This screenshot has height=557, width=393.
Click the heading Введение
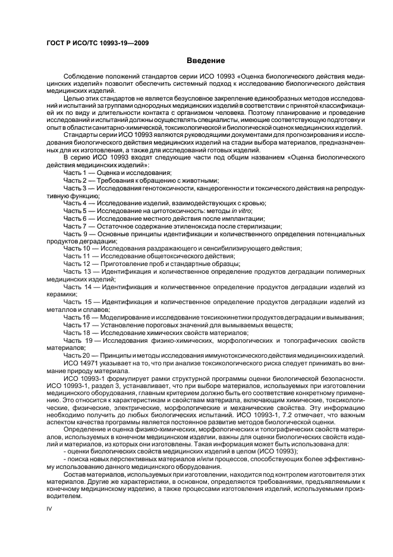(205, 61)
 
